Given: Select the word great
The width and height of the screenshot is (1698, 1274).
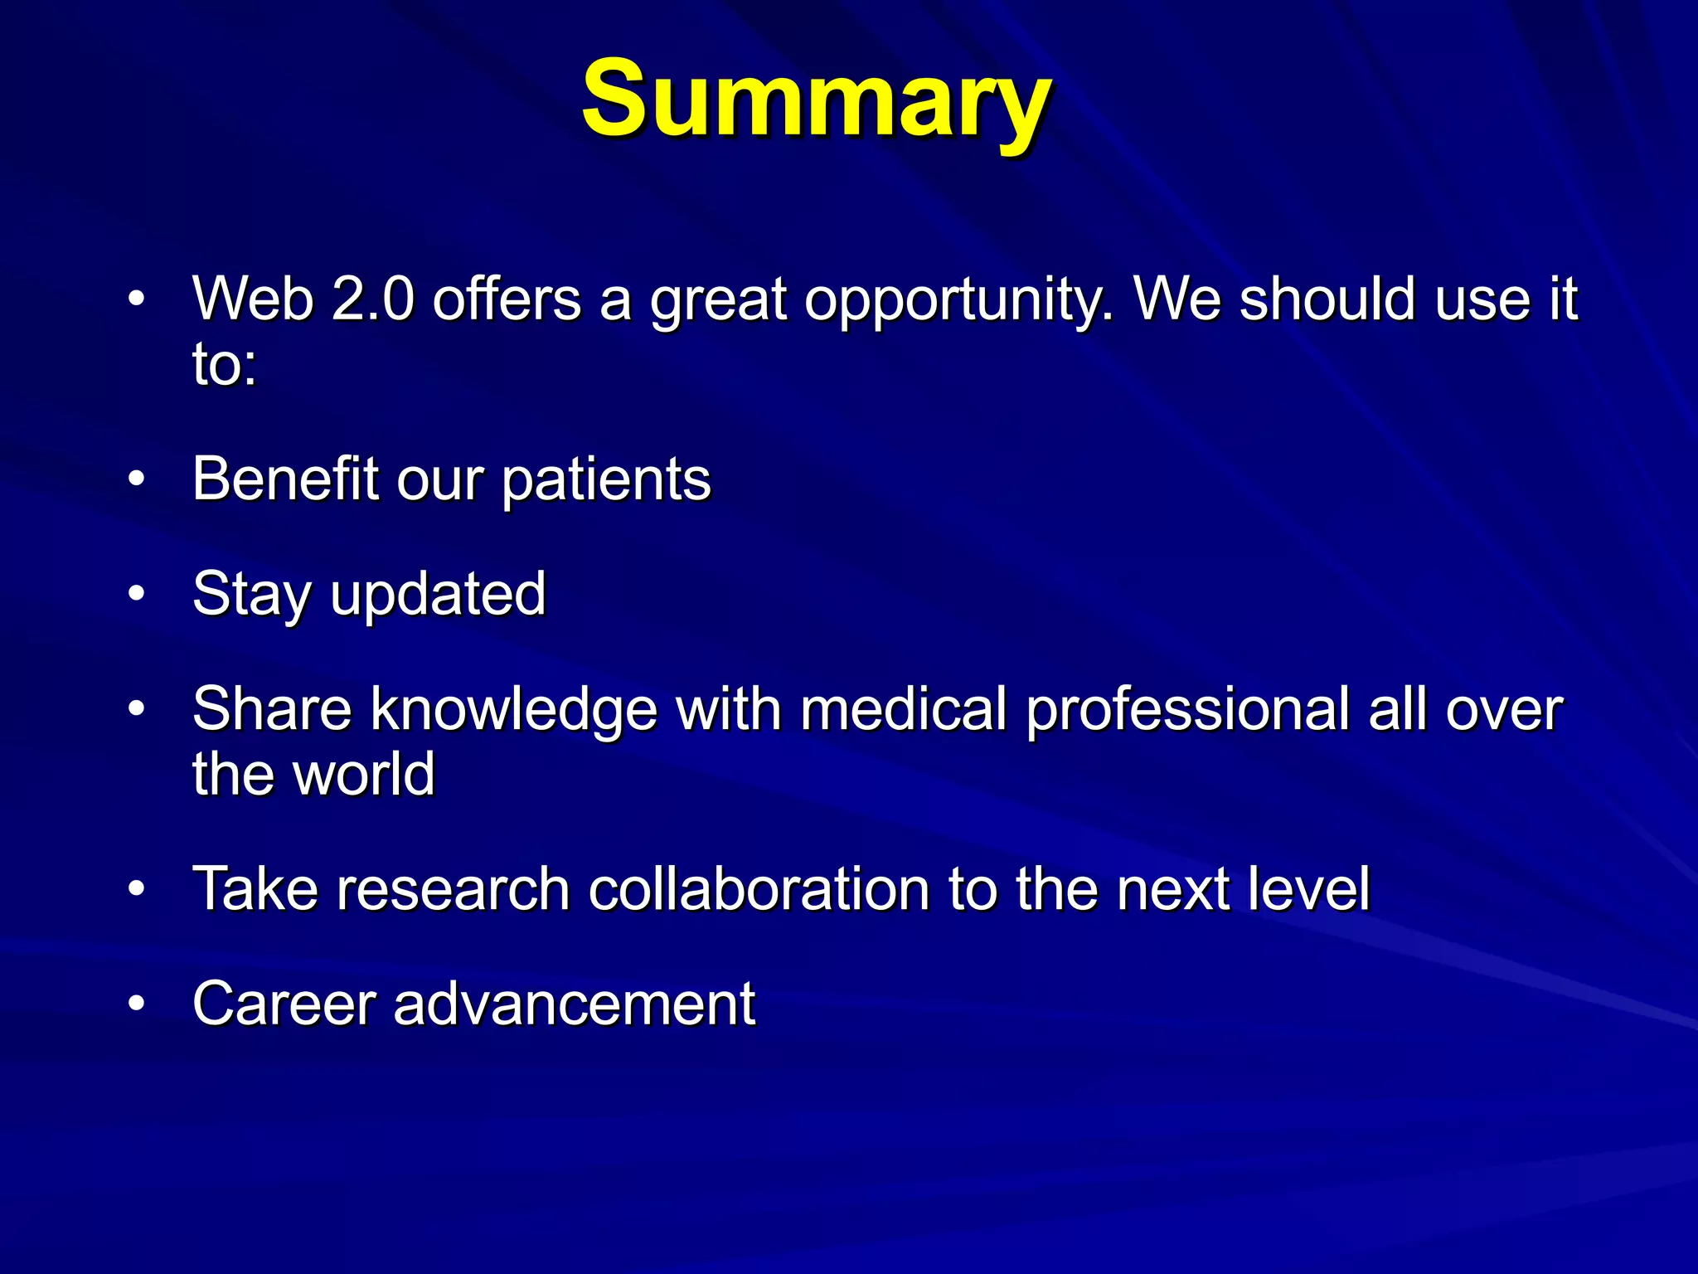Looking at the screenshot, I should pos(718,300).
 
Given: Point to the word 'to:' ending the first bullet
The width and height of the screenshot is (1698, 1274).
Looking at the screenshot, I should pos(225,365).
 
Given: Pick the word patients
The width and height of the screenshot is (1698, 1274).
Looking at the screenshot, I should pos(606,481).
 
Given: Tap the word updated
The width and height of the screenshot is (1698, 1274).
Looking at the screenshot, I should pos(438,595).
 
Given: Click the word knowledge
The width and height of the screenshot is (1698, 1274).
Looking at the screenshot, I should pos(514,711).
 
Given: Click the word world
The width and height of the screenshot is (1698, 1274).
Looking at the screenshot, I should pos(364,774).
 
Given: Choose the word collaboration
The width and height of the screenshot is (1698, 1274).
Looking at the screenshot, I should pos(759,889).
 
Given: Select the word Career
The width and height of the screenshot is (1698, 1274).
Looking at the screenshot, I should pos(285,1004).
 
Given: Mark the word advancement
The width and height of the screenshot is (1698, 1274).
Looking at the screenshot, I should pos(574,1004).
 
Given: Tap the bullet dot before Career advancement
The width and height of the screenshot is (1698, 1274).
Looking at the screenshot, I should pos(137,1004).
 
